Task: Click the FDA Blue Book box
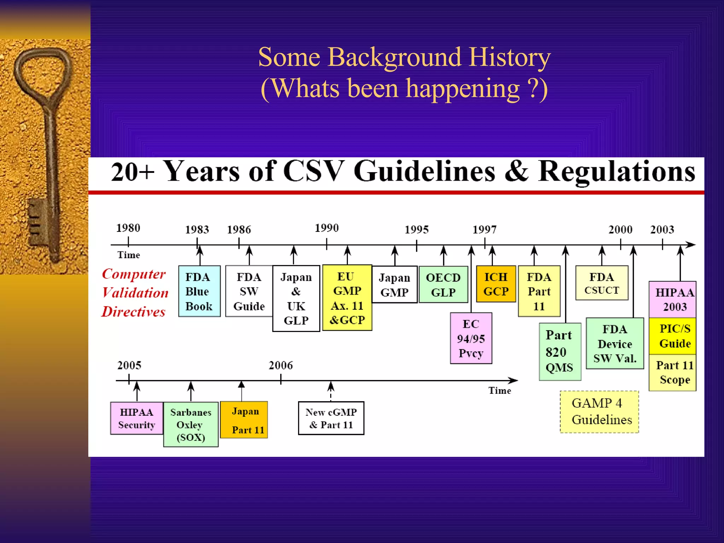coord(199,291)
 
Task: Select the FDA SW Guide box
coord(249,291)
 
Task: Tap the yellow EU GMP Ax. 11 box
coord(347,298)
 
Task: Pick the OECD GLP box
coord(443,285)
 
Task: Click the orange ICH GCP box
coord(496,284)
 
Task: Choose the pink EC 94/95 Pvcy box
coord(471,338)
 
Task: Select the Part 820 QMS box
coord(560,352)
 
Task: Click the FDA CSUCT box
coord(602,283)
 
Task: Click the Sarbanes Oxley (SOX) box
coord(191,425)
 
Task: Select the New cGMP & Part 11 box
coord(331,418)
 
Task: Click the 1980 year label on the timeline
coord(128,228)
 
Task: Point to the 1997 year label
coord(484,230)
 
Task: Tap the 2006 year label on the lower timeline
coord(281,365)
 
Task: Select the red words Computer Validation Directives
coord(134,293)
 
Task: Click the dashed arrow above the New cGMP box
coord(331,390)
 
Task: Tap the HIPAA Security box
coord(136,418)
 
